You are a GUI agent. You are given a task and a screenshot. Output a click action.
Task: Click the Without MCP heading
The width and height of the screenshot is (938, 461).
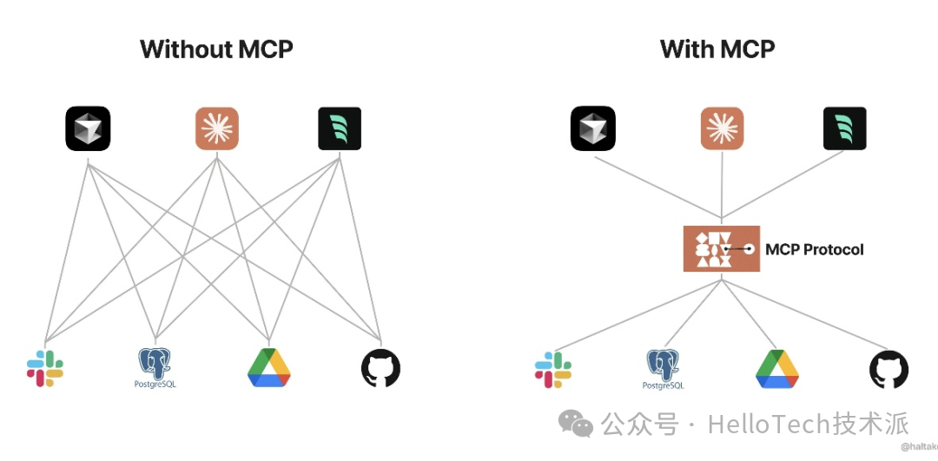pos(216,49)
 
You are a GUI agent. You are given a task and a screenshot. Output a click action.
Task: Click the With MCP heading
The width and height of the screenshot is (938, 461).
pos(717,49)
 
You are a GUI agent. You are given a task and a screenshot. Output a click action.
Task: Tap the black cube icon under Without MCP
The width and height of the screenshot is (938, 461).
pos(88,128)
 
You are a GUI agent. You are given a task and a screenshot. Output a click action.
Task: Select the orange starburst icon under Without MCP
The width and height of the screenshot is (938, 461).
pos(216,128)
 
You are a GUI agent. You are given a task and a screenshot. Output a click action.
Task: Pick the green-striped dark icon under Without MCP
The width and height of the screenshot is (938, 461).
pos(340,128)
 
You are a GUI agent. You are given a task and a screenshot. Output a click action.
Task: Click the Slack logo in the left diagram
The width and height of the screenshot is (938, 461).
pos(45,368)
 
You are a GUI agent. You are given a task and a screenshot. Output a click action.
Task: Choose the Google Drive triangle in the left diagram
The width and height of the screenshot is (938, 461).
pos(269,368)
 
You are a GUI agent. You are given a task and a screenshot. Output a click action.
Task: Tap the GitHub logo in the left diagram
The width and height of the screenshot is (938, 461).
pos(380,369)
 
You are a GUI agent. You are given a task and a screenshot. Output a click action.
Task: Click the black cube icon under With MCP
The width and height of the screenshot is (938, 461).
pos(593,128)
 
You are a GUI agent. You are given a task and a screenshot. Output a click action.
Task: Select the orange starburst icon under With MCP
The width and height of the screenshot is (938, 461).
pos(723,128)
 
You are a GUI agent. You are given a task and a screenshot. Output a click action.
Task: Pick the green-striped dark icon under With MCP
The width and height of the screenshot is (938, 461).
pos(845,128)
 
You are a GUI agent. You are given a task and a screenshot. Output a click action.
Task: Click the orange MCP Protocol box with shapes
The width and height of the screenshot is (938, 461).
pos(722,249)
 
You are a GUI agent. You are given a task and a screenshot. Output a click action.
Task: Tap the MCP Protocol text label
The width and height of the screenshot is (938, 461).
pos(815,250)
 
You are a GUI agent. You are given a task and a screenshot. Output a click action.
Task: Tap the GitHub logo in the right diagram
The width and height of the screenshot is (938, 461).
pos(888,369)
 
